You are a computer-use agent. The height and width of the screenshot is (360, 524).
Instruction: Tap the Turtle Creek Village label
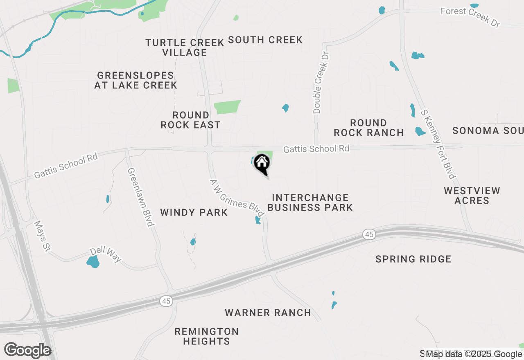click(x=185, y=47)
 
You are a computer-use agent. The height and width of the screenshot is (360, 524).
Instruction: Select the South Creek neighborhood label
click(x=265, y=40)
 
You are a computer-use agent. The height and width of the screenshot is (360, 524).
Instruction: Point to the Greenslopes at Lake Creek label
click(x=136, y=80)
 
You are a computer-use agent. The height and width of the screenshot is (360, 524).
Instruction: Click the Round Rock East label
click(x=190, y=120)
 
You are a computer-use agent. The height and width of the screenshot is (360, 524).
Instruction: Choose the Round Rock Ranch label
click(x=368, y=128)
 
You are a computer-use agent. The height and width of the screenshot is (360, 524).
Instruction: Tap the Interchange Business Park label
click(x=310, y=202)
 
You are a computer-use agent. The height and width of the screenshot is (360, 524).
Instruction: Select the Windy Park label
click(x=194, y=212)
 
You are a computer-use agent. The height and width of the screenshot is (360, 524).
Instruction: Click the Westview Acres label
click(x=472, y=196)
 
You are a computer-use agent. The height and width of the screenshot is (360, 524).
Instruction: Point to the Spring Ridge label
click(x=413, y=259)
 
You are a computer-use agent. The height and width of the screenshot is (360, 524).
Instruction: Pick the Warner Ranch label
click(x=268, y=313)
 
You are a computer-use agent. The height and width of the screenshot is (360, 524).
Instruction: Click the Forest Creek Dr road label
click(x=470, y=17)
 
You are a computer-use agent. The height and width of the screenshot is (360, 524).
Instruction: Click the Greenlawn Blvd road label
click(x=140, y=197)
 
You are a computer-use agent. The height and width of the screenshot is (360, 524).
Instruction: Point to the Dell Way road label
click(x=106, y=254)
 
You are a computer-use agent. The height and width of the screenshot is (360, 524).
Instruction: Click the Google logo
click(x=27, y=351)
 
